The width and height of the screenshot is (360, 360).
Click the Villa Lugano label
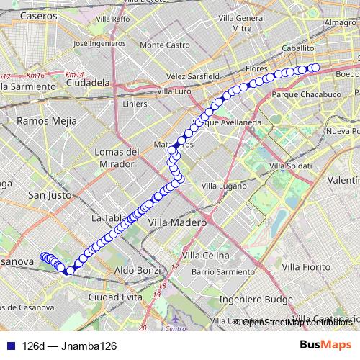[x=221, y=186]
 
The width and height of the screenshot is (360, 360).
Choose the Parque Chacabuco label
[x=301, y=94]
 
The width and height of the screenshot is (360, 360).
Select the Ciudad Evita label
[x=115, y=297]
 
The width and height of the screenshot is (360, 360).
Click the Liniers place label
[x=135, y=104]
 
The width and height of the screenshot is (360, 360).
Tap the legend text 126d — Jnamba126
[x=69, y=346]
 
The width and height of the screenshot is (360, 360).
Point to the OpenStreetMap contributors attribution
[x=296, y=322]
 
